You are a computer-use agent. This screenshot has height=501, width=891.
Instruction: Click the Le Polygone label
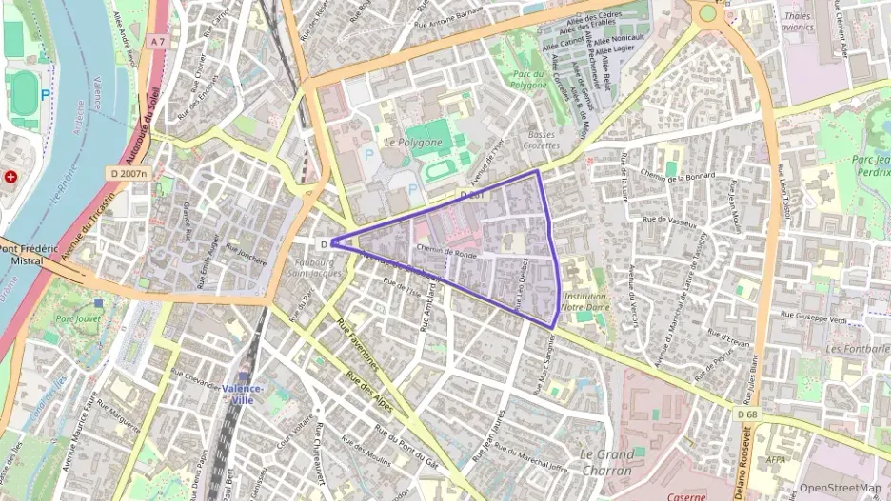tap(412, 142)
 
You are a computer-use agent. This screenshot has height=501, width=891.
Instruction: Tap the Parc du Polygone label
tap(529, 79)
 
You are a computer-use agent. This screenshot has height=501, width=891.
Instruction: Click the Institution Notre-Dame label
tap(585, 300)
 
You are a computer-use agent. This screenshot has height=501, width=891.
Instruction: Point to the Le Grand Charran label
tap(605, 462)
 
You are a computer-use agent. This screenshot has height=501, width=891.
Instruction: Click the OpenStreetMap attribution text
tap(840, 488)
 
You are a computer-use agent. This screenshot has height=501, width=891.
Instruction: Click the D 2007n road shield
tap(127, 174)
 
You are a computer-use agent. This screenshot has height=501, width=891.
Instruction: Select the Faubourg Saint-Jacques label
tap(314, 268)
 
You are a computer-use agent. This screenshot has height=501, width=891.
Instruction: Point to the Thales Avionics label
tap(797, 22)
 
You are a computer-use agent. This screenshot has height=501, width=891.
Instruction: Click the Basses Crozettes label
tap(541, 140)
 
